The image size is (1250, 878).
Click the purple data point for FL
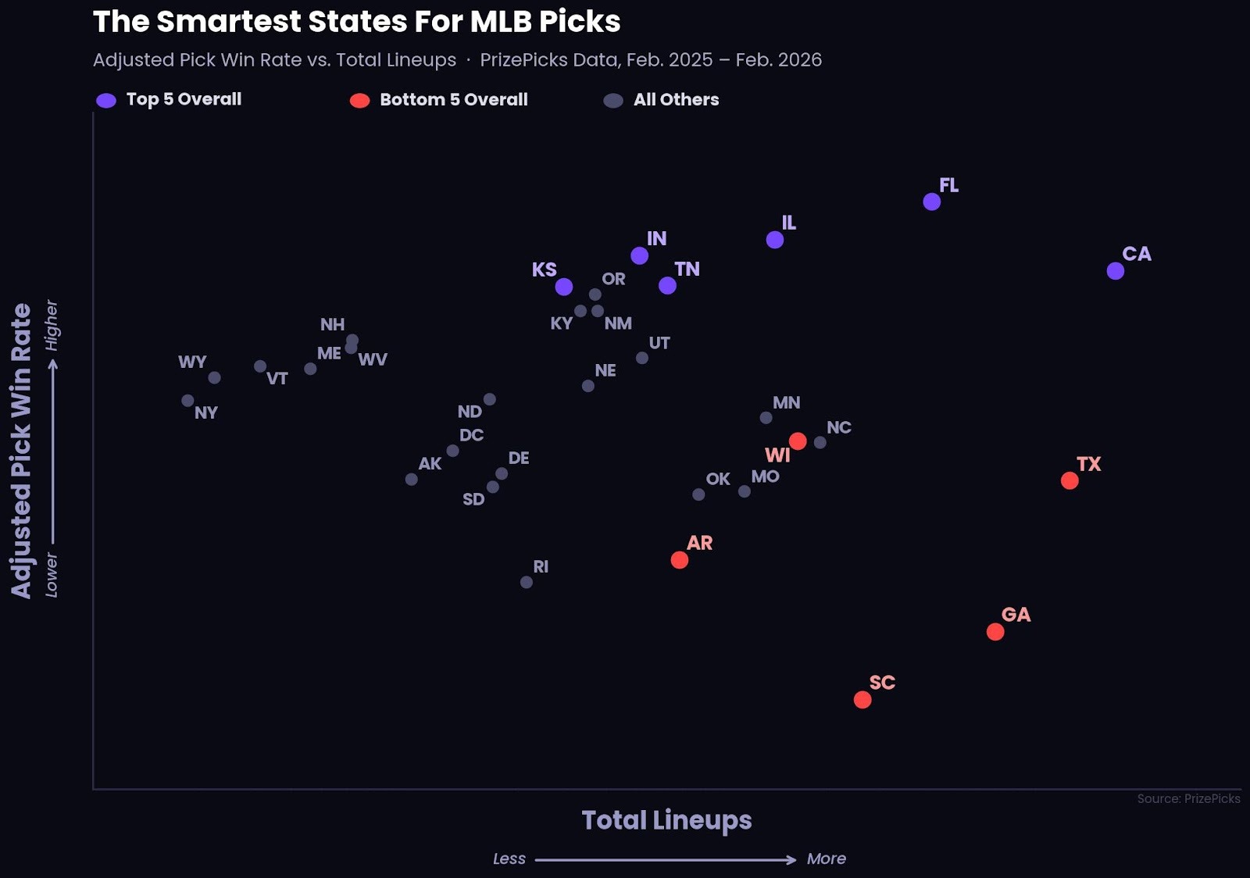(931, 202)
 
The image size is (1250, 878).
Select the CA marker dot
(1115, 271)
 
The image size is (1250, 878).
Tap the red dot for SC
(862, 700)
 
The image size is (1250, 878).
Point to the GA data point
(995, 632)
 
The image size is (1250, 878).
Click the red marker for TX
(1069, 481)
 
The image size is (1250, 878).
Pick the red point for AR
(679, 560)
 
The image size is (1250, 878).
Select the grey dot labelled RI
(526, 583)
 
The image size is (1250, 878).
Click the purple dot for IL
(774, 240)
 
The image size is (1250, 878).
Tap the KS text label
(544, 270)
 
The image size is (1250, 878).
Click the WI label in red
(777, 455)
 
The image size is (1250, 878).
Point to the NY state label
(205, 413)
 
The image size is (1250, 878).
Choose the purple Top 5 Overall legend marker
(105, 101)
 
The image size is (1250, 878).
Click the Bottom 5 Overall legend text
(453, 100)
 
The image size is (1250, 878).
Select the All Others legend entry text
(676, 100)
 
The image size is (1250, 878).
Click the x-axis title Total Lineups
(666, 820)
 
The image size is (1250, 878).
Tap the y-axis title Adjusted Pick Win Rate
(21, 451)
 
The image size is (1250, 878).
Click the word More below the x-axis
(826, 859)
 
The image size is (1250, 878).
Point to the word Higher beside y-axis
(52, 325)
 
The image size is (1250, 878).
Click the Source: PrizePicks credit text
(1187, 798)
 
